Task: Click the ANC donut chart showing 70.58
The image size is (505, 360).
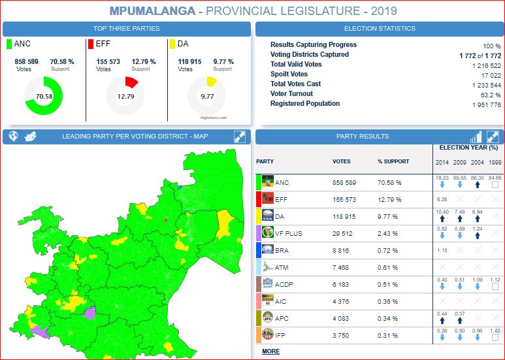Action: click(x=44, y=96)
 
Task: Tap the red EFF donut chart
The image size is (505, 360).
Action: click(x=125, y=96)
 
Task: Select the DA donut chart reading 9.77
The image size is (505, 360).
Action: click(x=207, y=96)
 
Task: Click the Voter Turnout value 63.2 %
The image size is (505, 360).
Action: click(x=487, y=94)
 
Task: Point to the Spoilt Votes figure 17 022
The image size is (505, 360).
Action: click(x=486, y=74)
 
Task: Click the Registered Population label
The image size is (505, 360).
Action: click(x=305, y=104)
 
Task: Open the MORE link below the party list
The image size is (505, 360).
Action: click(x=270, y=352)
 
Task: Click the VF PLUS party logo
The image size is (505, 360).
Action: click(x=267, y=233)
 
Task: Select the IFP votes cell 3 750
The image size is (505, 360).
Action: click(x=346, y=335)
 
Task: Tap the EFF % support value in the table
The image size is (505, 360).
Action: click(x=389, y=199)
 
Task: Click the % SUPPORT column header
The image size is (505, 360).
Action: click(x=393, y=161)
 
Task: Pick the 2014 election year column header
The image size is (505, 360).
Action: click(x=442, y=161)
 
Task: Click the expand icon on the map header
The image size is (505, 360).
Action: click(x=240, y=137)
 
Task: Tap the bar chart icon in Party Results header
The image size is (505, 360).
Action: click(x=476, y=137)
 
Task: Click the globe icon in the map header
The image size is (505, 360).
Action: click(x=12, y=137)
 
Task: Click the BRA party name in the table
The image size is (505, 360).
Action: click(x=282, y=250)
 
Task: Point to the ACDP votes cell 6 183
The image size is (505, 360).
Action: click(x=346, y=284)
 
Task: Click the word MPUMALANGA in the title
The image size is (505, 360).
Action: click(x=152, y=11)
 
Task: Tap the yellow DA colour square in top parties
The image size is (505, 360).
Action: click(x=172, y=44)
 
